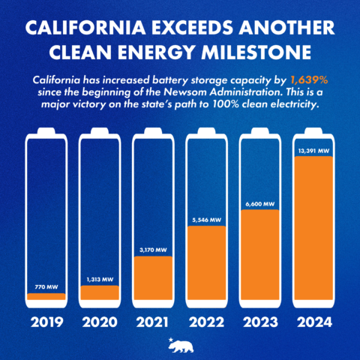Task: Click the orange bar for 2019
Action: pyautogui.click(x=46, y=297)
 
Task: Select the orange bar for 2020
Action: pyautogui.click(x=99, y=292)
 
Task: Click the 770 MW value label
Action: pyautogui.click(x=46, y=287)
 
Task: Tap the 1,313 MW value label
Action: pyautogui.click(x=99, y=280)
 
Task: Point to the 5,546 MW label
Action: pyautogui.click(x=205, y=220)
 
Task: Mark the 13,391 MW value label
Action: pyautogui.click(x=313, y=151)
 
